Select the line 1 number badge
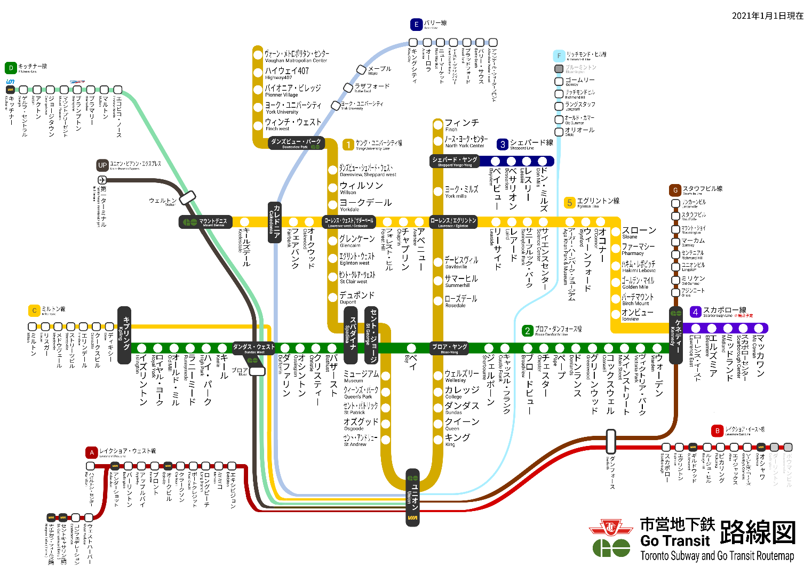(348, 145)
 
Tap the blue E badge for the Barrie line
(416, 25)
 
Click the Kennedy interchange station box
(676, 335)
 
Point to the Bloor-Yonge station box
(449, 348)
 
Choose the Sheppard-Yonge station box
(454, 161)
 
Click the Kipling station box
(124, 335)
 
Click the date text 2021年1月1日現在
(767, 16)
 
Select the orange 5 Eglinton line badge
(570, 203)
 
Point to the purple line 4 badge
(695, 312)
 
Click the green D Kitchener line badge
(11, 68)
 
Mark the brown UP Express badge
(102, 165)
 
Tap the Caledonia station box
(274, 222)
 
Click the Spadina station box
(350, 335)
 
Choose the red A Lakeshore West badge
(92, 453)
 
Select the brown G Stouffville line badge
(675, 190)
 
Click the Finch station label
(461, 123)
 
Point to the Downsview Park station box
(296, 143)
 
